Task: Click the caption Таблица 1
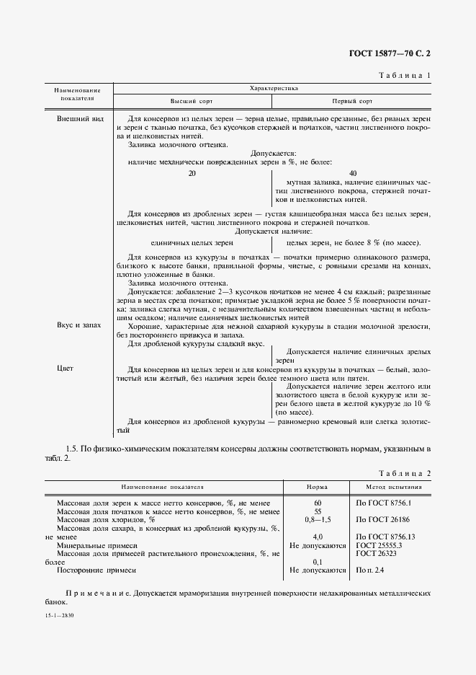pyautogui.click(x=404, y=75)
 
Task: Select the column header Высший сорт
pyautogui.click(x=189, y=102)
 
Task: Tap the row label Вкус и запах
pyautogui.click(x=79, y=325)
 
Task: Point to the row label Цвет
pyautogui.click(x=66, y=369)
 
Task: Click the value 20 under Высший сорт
pyautogui.click(x=192, y=173)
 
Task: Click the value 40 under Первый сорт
pyautogui.click(x=352, y=173)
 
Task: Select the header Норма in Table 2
pyautogui.click(x=317, y=487)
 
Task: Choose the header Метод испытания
pyautogui.click(x=393, y=487)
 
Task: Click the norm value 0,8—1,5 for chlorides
pyautogui.click(x=317, y=519)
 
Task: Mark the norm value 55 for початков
pyautogui.click(x=317, y=511)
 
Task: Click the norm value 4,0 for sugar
pyautogui.click(x=317, y=537)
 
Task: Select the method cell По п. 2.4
pyautogui.click(x=371, y=570)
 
